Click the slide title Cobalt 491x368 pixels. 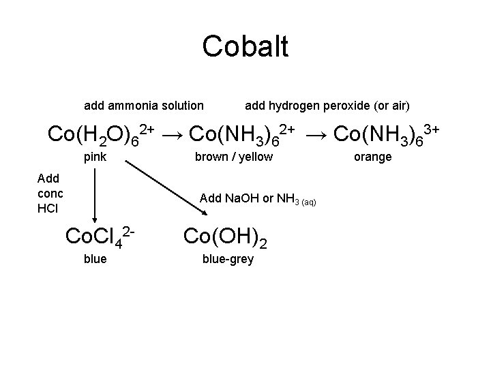[x=245, y=46]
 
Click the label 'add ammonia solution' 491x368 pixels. [x=143, y=105]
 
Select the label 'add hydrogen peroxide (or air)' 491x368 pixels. [x=327, y=105]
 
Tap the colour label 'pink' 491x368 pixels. [x=95, y=157]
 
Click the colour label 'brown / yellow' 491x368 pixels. [x=233, y=157]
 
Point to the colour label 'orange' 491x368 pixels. [x=372, y=157]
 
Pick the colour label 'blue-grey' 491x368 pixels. [x=228, y=259]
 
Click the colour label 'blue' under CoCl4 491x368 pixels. [x=95, y=259]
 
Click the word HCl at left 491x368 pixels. [x=48, y=208]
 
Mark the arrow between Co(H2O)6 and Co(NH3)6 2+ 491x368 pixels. [x=173, y=134]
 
